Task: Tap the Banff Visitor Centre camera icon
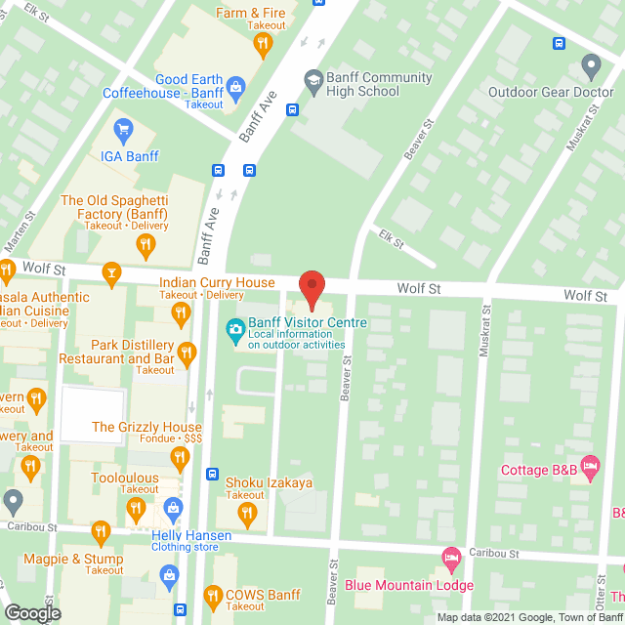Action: click(235, 329)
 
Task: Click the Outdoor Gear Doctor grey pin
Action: click(590, 66)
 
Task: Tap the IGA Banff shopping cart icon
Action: click(123, 129)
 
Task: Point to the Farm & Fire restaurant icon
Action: click(261, 43)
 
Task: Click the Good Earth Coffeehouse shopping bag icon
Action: click(236, 88)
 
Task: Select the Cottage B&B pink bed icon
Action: click(589, 466)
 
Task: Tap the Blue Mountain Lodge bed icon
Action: click(450, 560)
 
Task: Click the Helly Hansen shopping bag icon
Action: click(173, 508)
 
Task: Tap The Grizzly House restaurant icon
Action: click(179, 455)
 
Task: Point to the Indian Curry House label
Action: click(216, 283)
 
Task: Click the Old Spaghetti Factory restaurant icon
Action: click(146, 244)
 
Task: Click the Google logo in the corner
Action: click(31, 612)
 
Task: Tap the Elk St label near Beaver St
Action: click(393, 237)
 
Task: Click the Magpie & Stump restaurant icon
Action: click(101, 531)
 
